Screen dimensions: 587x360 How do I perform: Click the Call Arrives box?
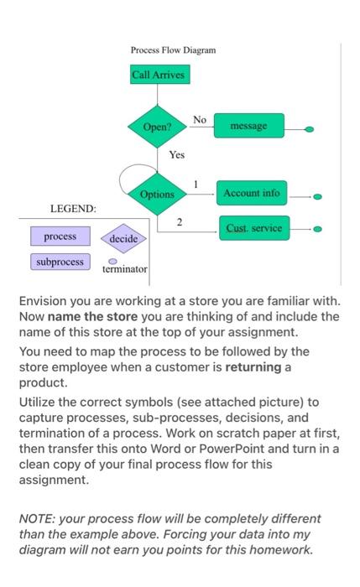click(x=159, y=75)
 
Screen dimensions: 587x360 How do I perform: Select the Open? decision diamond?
click(x=157, y=127)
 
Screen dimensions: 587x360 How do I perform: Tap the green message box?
click(x=249, y=127)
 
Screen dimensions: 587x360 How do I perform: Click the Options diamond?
click(x=157, y=194)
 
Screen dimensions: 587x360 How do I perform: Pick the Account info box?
click(x=251, y=194)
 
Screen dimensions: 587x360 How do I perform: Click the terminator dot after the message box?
click(x=310, y=130)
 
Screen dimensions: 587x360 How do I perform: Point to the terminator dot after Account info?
click(x=316, y=197)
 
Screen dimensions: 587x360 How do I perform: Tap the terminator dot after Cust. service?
click(x=316, y=228)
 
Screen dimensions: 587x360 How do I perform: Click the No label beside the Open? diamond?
click(x=199, y=120)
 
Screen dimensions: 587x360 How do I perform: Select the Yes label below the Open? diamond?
click(x=176, y=155)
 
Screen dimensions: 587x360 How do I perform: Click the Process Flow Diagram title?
click(x=173, y=50)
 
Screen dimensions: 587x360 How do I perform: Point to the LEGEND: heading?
click(x=73, y=207)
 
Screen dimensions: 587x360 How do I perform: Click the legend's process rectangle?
click(x=60, y=236)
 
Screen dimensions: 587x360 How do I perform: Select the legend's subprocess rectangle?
click(x=60, y=262)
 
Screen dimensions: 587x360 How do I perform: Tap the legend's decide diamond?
click(x=123, y=239)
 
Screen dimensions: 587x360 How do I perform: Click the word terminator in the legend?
click(x=124, y=270)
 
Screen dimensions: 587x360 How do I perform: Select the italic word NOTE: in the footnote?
click(x=39, y=519)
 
